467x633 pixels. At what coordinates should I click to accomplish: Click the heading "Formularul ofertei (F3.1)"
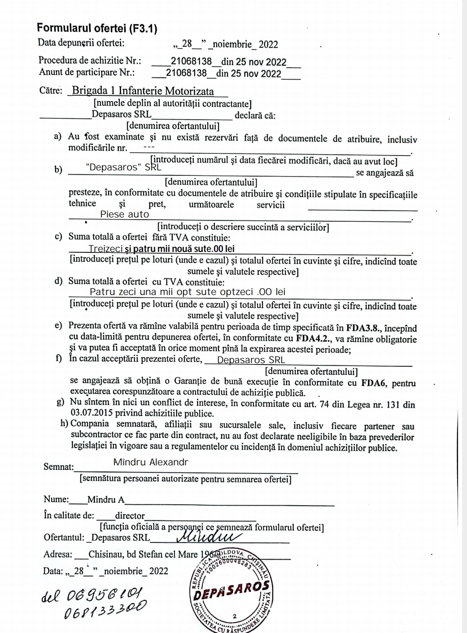point(97,28)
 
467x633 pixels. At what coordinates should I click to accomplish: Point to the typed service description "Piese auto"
point(124,214)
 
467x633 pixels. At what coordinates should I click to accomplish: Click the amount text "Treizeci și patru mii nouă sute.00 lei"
point(161,249)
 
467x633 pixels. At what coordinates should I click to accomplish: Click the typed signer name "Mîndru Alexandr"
point(151,462)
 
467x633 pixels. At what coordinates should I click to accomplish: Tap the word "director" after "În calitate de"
point(130,516)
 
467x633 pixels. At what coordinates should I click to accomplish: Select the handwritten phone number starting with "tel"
point(95,594)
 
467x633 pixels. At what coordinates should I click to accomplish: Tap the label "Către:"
point(51,91)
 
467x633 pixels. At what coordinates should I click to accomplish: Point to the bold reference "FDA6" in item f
point(372,383)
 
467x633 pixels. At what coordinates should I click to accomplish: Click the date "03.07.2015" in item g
point(91,413)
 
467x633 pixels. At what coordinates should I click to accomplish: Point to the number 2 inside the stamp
point(234,616)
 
